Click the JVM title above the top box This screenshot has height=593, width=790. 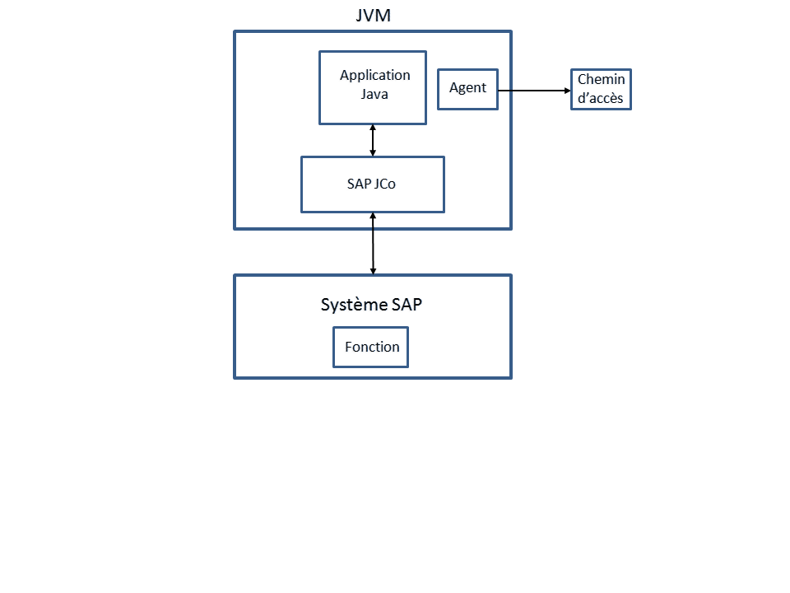(x=373, y=16)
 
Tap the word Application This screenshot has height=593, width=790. (x=374, y=75)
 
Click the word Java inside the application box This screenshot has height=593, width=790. (x=374, y=94)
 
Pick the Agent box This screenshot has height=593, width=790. (x=467, y=89)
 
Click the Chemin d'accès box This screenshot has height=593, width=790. (x=601, y=90)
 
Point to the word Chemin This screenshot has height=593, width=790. (x=601, y=80)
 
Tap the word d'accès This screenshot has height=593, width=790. (x=601, y=99)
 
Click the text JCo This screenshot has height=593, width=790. (x=383, y=184)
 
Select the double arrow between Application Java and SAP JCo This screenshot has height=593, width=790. (x=373, y=141)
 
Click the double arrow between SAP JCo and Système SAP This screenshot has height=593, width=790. (x=373, y=244)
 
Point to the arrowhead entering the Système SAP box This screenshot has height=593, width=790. (x=373, y=270)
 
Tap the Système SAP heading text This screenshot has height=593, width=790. (x=371, y=305)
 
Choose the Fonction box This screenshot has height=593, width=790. (x=371, y=348)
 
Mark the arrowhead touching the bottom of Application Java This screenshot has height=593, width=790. (x=373, y=128)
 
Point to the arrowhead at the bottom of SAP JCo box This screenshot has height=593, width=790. (x=373, y=217)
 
